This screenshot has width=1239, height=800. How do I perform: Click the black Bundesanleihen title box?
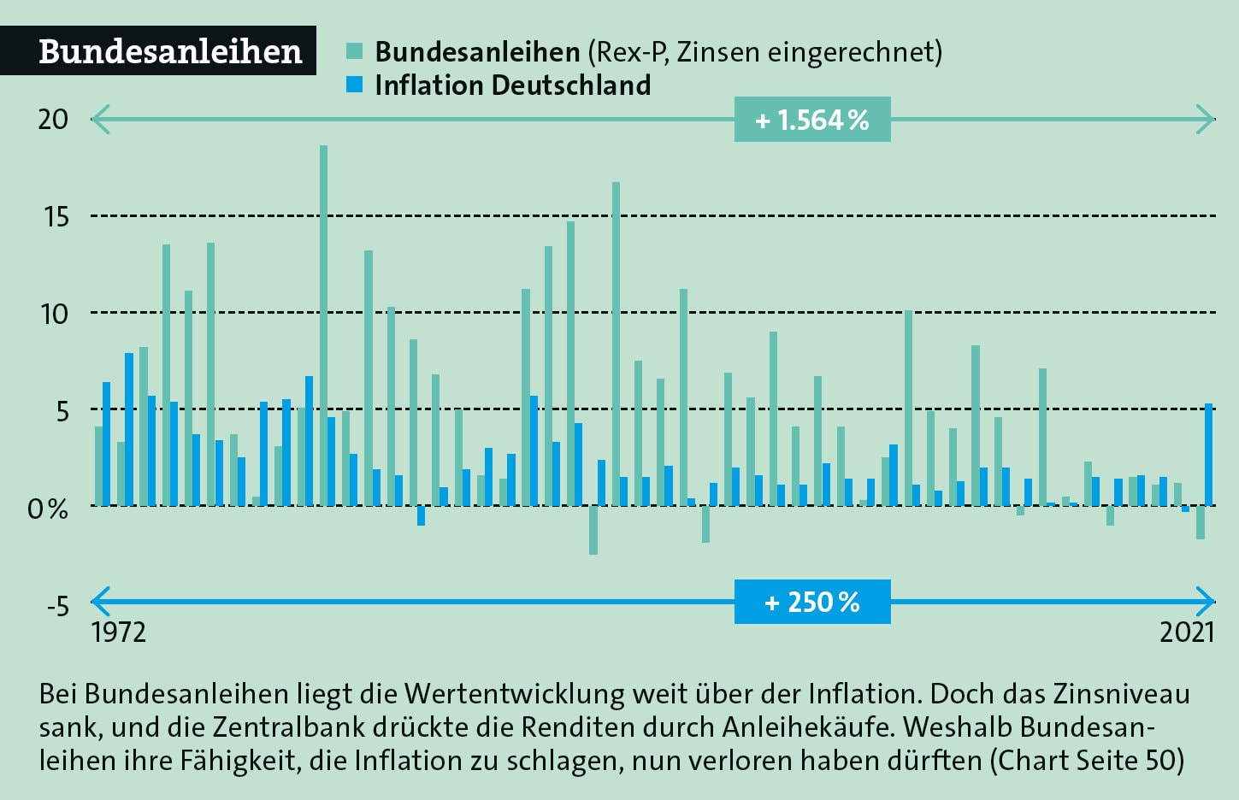(x=158, y=51)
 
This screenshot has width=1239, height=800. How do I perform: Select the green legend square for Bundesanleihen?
(x=355, y=50)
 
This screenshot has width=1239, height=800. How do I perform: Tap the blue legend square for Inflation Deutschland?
(x=355, y=85)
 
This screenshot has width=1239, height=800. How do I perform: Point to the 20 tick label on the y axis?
(x=53, y=119)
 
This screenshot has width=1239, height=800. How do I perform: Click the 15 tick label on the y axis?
(x=56, y=216)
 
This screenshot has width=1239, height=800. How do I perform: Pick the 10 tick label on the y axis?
(x=54, y=314)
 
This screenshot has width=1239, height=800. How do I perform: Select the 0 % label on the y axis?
(x=48, y=509)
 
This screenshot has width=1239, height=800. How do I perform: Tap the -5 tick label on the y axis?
(x=56, y=606)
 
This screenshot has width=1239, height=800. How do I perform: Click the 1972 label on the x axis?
(x=118, y=632)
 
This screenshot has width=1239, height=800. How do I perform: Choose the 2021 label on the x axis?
(x=1187, y=632)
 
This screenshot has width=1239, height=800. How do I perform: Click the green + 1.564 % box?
(x=811, y=120)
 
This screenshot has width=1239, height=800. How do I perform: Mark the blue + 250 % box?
(x=811, y=602)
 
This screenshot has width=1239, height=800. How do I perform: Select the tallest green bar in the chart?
(x=323, y=325)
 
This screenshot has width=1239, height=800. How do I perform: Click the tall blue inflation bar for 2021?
(x=1209, y=454)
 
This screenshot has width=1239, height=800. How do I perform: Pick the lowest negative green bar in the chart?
(x=593, y=530)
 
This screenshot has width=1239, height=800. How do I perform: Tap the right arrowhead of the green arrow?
(x=1207, y=120)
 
